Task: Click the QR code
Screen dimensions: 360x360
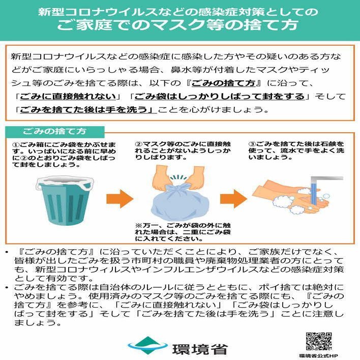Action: [319, 341]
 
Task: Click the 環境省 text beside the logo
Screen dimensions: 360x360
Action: [200, 349]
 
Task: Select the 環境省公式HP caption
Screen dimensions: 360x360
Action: [319, 356]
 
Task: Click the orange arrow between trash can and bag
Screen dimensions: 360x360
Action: [119, 199]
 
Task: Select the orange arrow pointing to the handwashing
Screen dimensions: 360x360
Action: [233, 199]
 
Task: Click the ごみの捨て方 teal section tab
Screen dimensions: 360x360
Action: [54, 132]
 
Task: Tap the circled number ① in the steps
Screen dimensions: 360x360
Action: [16, 145]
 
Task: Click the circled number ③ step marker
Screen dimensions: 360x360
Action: [252, 144]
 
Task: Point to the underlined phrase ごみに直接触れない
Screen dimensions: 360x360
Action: [68, 97]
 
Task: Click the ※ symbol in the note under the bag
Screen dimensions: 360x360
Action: [138, 225]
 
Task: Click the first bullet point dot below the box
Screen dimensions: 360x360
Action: [7, 252]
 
